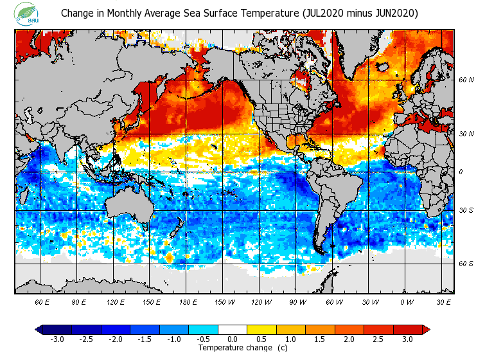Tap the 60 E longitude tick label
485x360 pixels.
coord(42,301)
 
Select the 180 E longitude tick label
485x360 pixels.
coord(188,301)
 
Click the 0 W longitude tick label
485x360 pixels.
coord(406,301)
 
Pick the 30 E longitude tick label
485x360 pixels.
coord(444,301)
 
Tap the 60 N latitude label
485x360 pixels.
coord(466,80)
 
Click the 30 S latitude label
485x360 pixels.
coord(466,210)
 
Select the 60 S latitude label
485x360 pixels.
coord(466,264)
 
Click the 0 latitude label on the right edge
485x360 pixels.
coord(461,172)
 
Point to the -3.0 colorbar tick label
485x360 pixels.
coord(57,339)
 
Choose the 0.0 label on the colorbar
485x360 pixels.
coord(233,339)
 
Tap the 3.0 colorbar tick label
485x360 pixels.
coord(408,339)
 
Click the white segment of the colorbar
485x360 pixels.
coord(233,329)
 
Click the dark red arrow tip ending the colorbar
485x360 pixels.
coord(427,329)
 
